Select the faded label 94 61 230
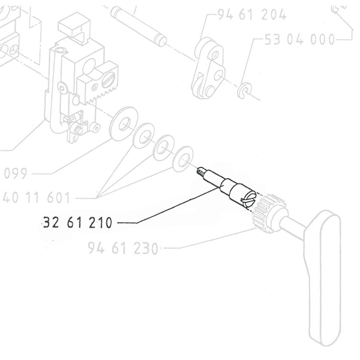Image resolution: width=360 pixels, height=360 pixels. [123, 248]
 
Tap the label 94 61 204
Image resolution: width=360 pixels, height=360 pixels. [252, 15]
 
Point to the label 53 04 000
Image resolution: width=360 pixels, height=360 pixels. [300, 40]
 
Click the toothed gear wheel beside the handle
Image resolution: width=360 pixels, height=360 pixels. [266, 212]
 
